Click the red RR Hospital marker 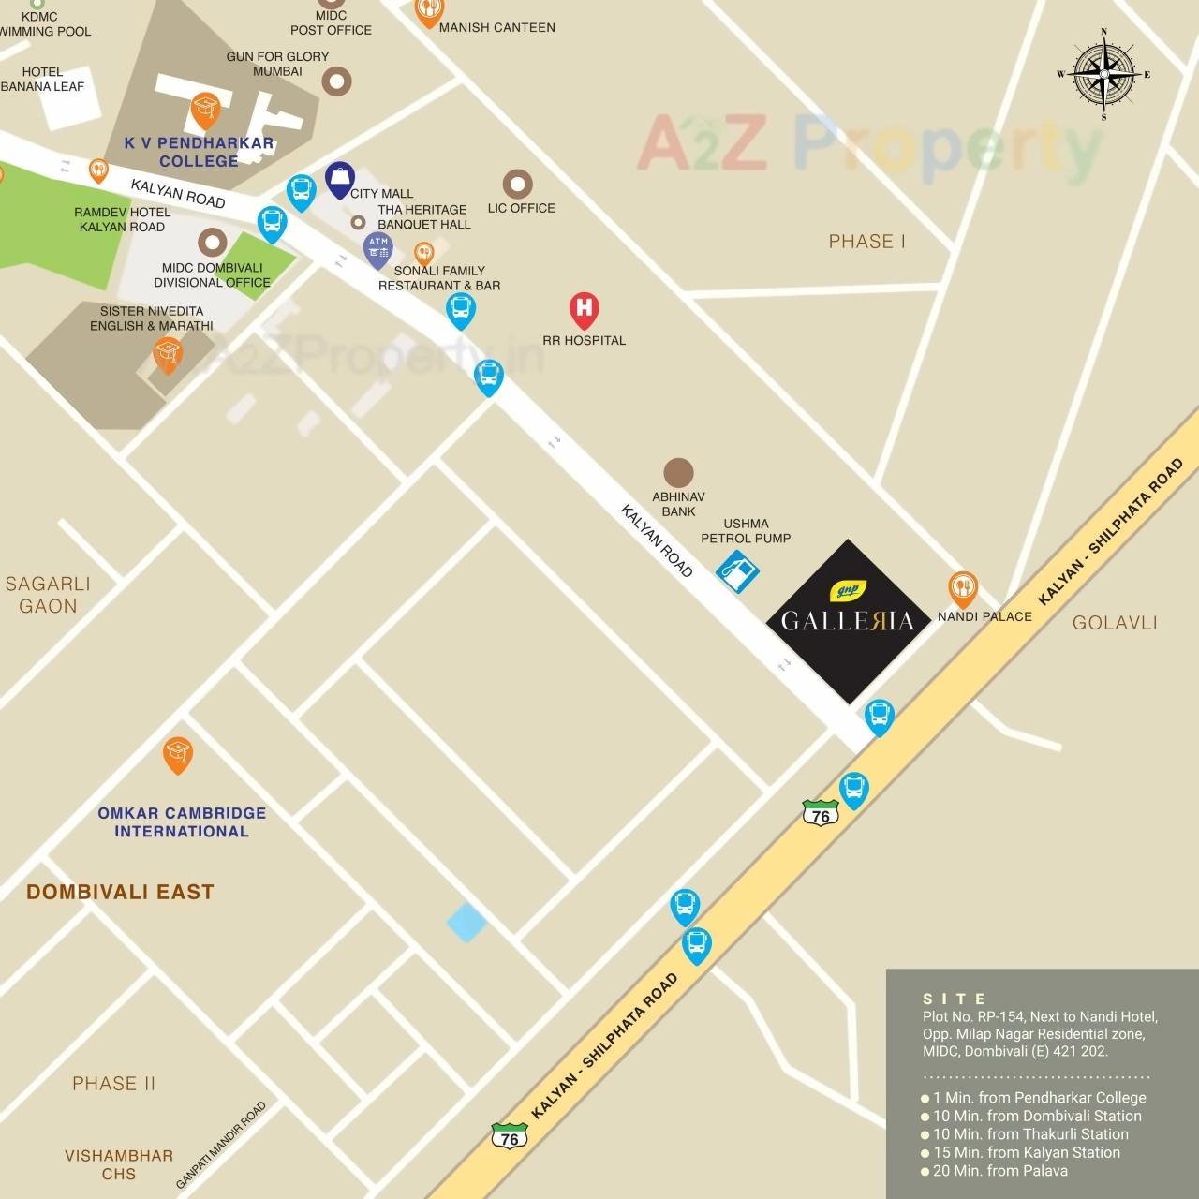point(584,308)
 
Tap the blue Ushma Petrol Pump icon point(737,570)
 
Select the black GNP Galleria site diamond point(848,621)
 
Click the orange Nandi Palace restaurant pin point(963,588)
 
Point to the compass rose point(1104,74)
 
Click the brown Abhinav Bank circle point(678,473)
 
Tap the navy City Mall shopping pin point(340,179)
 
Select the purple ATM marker point(378,250)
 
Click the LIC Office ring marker point(518,185)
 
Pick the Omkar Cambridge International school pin point(178,754)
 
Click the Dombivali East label point(120,892)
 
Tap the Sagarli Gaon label point(48,595)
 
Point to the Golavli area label point(1115,623)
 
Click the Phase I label point(866,242)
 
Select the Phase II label point(114,1084)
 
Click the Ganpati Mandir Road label point(221,1145)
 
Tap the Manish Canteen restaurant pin point(429,11)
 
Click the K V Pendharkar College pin point(205,110)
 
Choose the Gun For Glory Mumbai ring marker point(336,81)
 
